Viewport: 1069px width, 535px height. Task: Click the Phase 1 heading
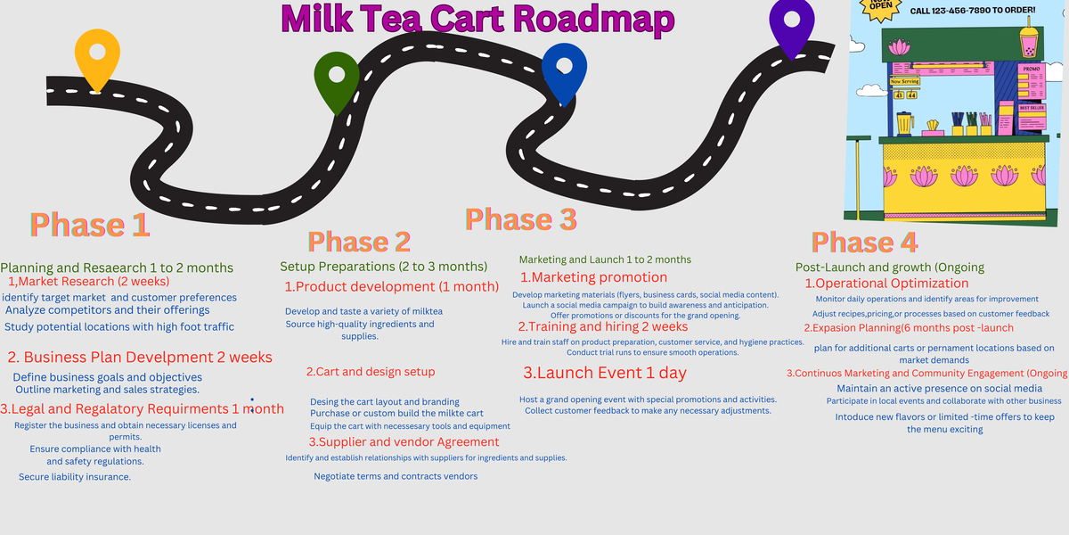click(x=89, y=225)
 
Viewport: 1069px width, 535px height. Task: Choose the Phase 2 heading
click(x=359, y=242)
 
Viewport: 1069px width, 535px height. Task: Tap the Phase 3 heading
click(x=520, y=219)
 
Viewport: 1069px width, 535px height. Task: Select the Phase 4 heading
click(x=864, y=242)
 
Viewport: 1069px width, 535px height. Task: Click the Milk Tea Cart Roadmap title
click(x=477, y=18)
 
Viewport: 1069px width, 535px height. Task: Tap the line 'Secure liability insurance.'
click(x=75, y=477)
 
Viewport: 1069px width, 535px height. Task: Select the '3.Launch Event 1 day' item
click(x=605, y=373)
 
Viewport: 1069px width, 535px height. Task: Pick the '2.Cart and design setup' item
click(x=371, y=372)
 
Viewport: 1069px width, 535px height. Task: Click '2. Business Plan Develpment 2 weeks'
click(x=140, y=358)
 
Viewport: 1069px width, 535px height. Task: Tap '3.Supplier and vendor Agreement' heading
click(x=404, y=442)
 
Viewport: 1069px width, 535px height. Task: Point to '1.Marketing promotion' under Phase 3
click(x=593, y=277)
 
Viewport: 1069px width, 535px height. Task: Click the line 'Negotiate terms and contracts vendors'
click(x=396, y=476)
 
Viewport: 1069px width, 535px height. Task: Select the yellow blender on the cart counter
click(x=905, y=122)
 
